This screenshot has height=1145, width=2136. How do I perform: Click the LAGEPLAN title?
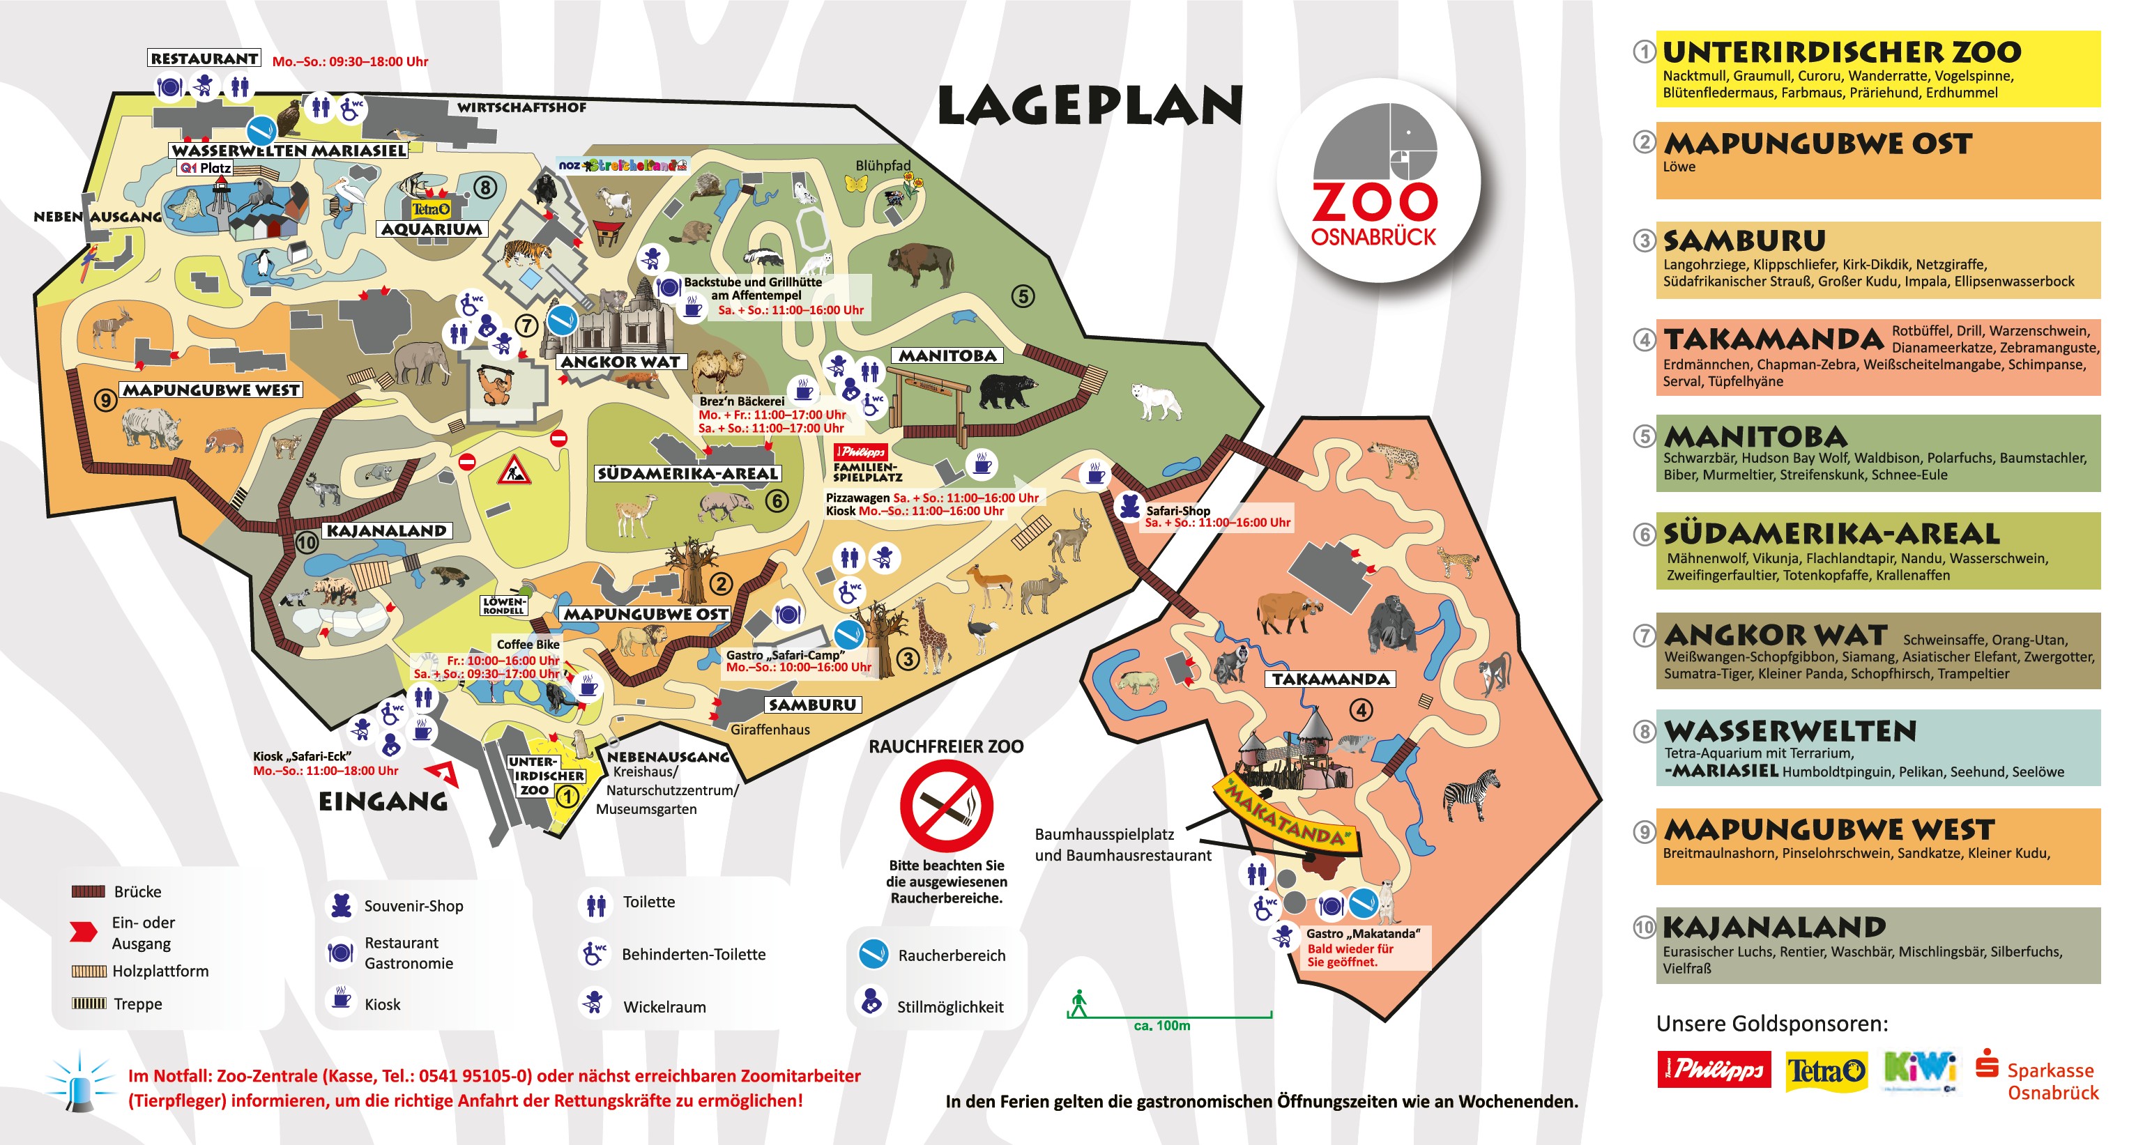click(x=1090, y=107)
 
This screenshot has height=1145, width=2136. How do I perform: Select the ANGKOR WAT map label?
click(x=620, y=362)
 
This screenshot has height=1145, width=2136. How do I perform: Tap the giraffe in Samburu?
click(x=932, y=634)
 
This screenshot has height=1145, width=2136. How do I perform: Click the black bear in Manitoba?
click(x=1007, y=390)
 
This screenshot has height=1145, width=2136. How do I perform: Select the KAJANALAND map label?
click(x=386, y=530)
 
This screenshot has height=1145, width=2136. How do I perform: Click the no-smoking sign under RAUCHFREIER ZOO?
click(x=946, y=805)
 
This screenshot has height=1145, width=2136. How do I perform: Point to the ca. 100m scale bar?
click(x=1169, y=1014)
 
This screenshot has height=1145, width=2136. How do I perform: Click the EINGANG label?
click(x=383, y=801)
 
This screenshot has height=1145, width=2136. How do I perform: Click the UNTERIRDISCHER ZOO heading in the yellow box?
click(x=1842, y=52)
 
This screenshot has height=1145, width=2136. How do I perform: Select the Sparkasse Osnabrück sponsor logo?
click(x=2039, y=1076)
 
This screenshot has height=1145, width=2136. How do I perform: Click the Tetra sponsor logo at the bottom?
click(x=1826, y=1071)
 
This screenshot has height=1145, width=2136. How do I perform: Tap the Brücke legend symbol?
click(x=88, y=891)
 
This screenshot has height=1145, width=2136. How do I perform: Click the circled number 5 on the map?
click(x=1023, y=296)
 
